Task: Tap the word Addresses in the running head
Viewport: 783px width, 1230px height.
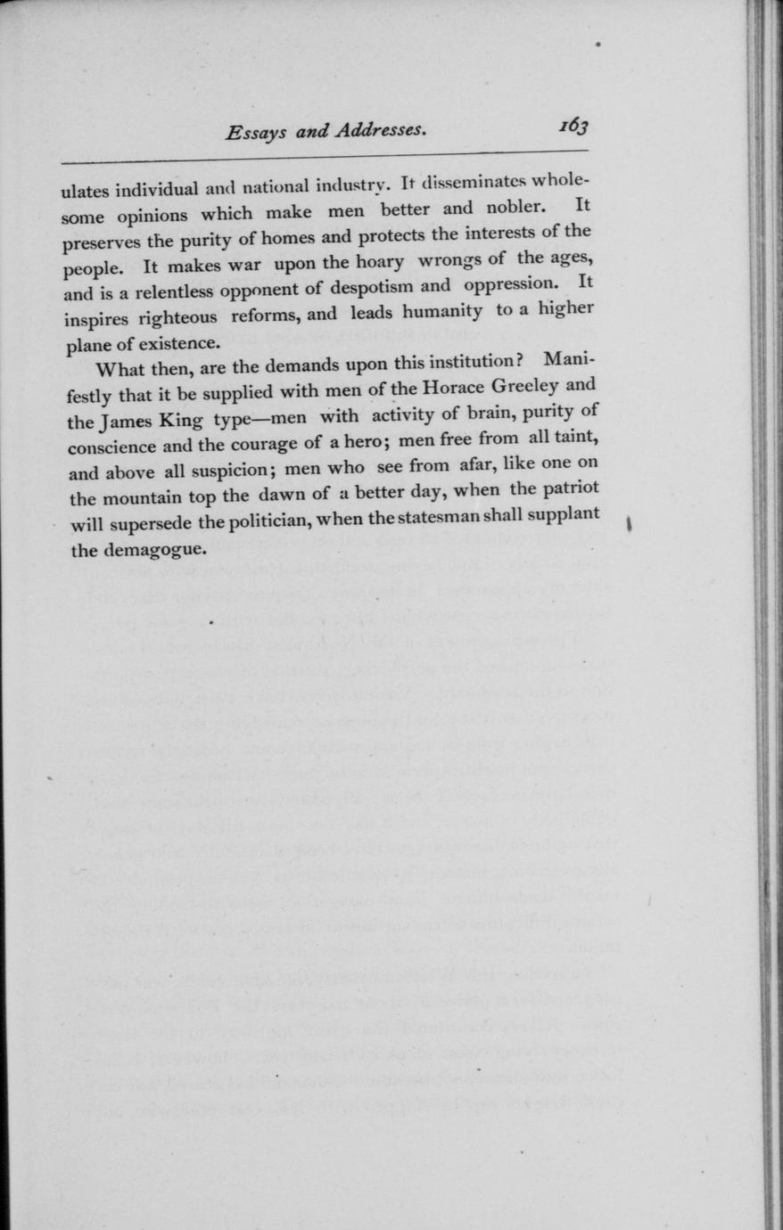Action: pyautogui.click(x=378, y=131)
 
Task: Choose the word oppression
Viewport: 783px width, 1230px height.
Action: pyautogui.click(x=509, y=286)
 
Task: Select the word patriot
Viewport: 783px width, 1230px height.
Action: pyautogui.click(x=567, y=488)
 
